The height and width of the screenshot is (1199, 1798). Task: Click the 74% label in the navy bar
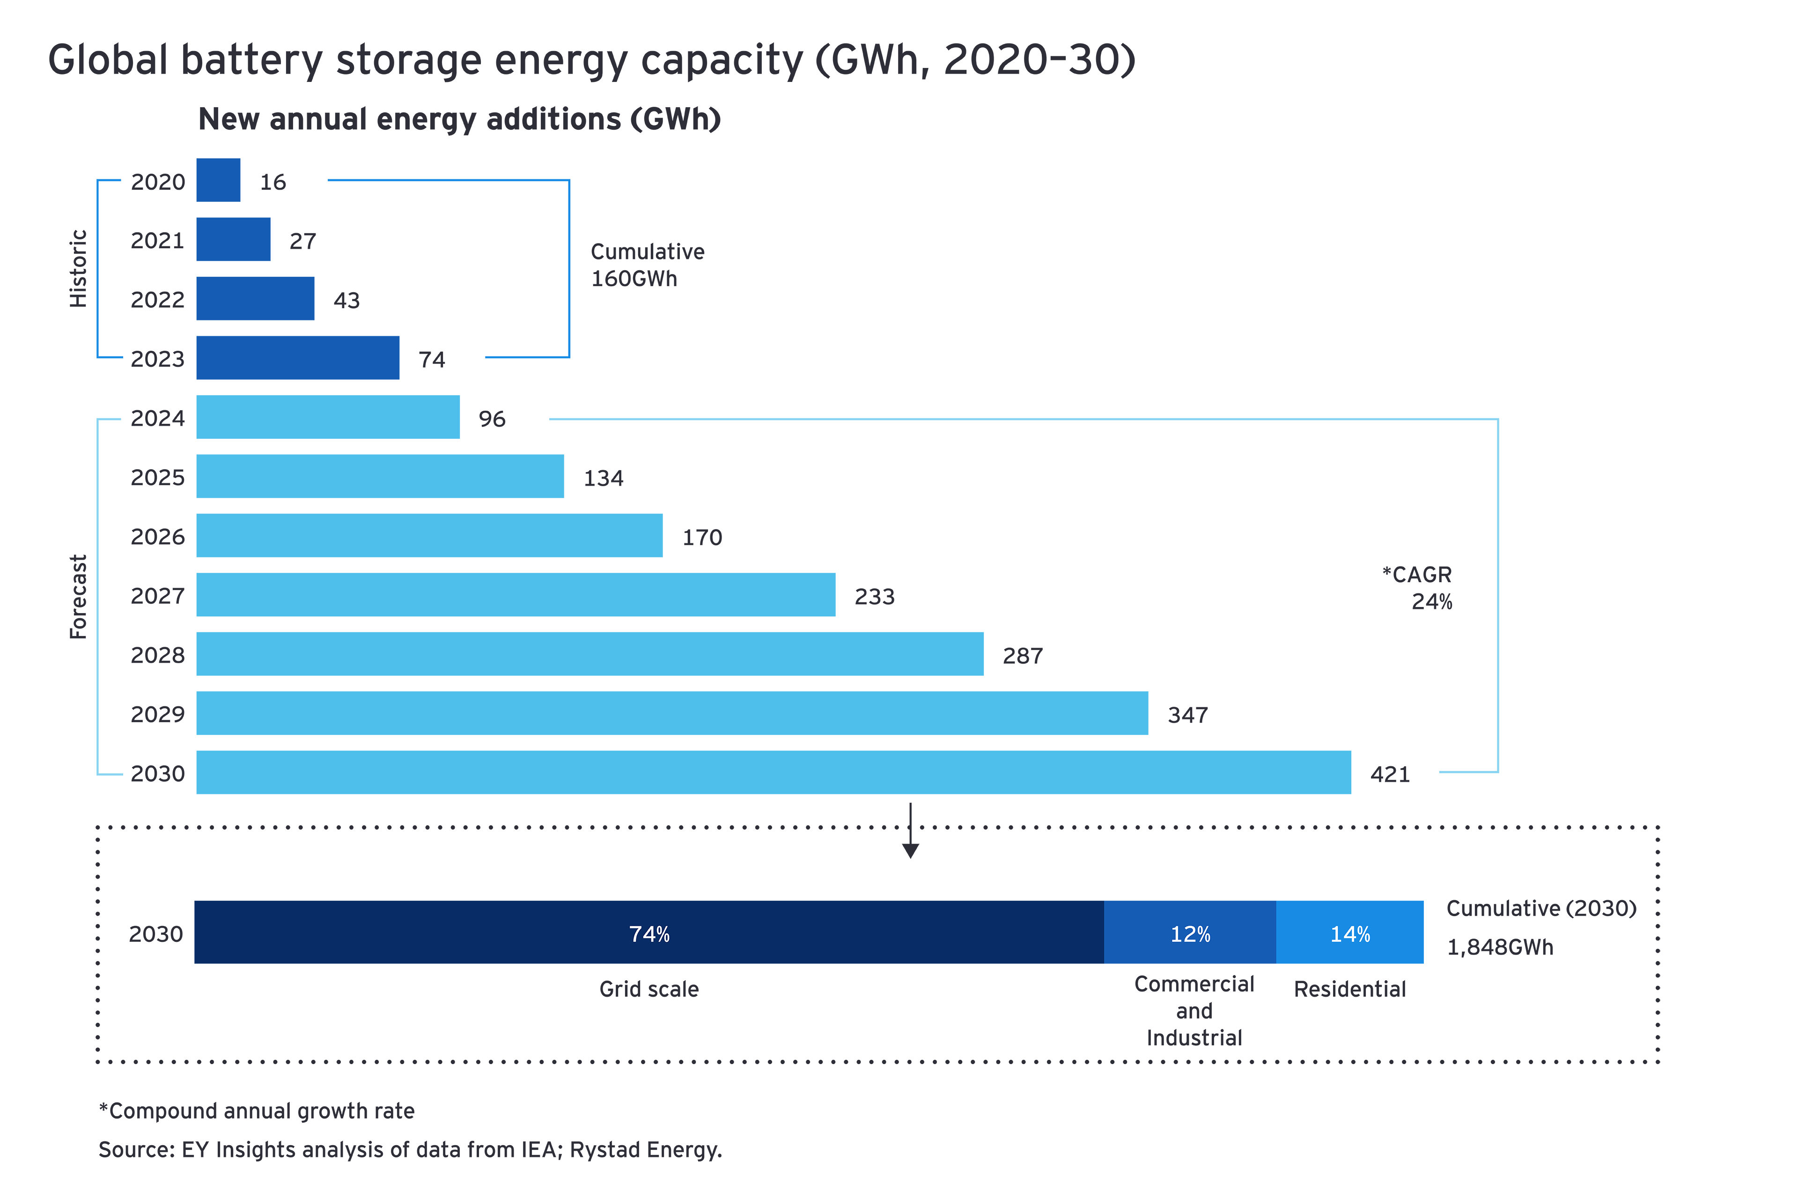(x=649, y=934)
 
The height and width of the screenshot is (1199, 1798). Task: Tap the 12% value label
(x=1190, y=934)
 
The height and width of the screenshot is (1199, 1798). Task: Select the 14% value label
(x=1350, y=934)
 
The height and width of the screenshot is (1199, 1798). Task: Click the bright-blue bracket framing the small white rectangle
(x=569, y=267)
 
